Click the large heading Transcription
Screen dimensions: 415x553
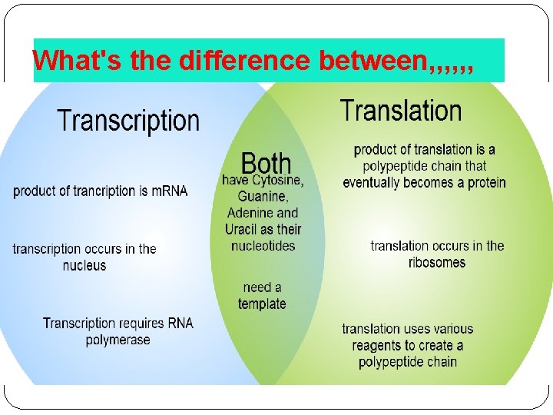tap(128, 121)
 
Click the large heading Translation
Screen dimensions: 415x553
tap(401, 111)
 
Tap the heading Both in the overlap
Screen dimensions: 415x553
tap(267, 163)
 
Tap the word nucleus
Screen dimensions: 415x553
tap(84, 266)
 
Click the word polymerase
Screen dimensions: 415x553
tap(118, 340)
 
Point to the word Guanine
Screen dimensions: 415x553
tap(263, 197)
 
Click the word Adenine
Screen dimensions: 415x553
tap(250, 213)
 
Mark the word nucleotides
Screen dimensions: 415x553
tap(263, 246)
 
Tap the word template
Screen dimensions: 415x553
tap(262, 304)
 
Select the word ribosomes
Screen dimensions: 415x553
tap(437, 262)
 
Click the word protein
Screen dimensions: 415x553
tap(482, 183)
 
